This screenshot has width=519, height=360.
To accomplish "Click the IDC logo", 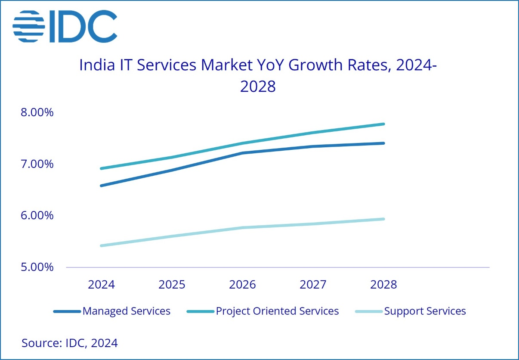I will pos(65,26).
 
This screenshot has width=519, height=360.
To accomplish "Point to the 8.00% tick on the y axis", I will pos(37,112).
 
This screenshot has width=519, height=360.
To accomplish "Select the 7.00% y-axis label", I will pos(37,164).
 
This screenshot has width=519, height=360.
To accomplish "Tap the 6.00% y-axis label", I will pos(37,215).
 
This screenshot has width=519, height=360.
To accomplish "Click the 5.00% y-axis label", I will pos(37,267).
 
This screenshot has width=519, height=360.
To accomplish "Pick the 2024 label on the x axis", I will pos(102,285).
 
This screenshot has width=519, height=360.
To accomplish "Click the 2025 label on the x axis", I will pos(172,285).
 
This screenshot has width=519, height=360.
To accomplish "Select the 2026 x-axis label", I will pos(243,285).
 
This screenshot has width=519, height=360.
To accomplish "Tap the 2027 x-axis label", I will pos(313,285).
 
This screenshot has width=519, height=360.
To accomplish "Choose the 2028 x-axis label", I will pos(383,285).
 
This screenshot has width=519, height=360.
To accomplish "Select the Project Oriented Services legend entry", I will pos(263,311).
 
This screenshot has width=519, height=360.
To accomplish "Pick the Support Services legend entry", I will pos(411,311).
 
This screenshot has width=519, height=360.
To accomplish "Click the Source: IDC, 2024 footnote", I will pos(70,343).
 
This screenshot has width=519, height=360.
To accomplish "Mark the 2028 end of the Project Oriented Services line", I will pos(383,124).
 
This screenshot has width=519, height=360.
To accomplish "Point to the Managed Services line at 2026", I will pos(243,153).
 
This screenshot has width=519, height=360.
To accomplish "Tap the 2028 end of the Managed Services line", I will pos(383,143).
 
